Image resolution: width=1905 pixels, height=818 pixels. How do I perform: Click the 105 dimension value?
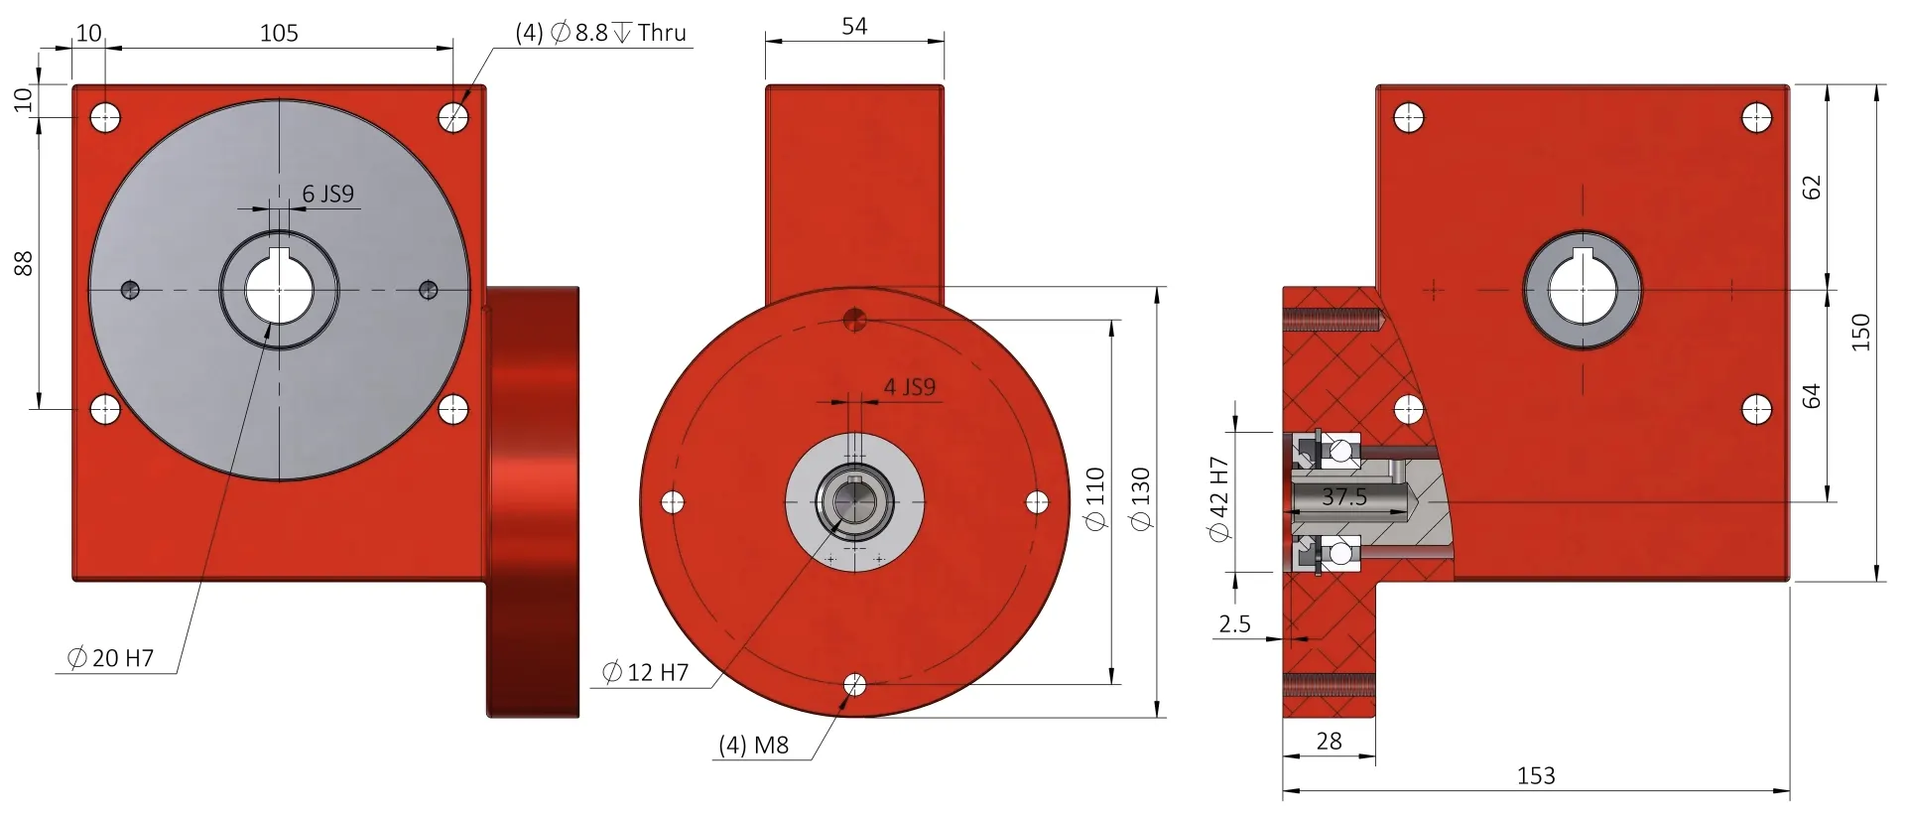(x=279, y=33)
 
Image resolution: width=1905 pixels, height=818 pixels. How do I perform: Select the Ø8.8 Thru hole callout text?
(x=601, y=33)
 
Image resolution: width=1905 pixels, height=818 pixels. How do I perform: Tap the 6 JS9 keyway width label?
(x=328, y=194)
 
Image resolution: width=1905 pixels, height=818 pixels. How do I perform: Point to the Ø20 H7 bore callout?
(x=111, y=658)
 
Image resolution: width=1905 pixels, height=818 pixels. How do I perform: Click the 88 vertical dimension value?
(x=23, y=263)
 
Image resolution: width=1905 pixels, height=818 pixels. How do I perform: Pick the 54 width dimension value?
(x=854, y=26)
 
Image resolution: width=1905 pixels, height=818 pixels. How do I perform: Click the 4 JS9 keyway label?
(x=910, y=387)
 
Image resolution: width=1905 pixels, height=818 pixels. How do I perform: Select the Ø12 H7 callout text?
(x=646, y=672)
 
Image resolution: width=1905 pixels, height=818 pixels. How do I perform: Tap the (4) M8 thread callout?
(x=754, y=745)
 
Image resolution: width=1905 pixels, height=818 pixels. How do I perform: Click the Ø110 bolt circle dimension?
(x=1095, y=498)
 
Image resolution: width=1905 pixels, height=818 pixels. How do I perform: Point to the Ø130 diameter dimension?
(x=1141, y=498)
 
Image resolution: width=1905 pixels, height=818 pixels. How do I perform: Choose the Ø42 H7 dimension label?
(x=1219, y=499)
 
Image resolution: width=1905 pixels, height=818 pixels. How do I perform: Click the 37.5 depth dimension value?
(x=1344, y=496)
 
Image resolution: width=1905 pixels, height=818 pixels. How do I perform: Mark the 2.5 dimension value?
(x=1234, y=624)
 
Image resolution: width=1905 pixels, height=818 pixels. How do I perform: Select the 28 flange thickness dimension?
(x=1329, y=741)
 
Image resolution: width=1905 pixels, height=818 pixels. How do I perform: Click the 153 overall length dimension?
(x=1536, y=775)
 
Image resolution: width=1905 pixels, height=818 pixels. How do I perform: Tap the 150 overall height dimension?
(x=1860, y=332)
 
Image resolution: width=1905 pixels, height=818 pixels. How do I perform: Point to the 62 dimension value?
(x=1812, y=187)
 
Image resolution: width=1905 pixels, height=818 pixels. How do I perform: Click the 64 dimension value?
(x=1812, y=395)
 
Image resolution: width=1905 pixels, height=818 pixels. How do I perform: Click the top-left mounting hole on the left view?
(x=105, y=118)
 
